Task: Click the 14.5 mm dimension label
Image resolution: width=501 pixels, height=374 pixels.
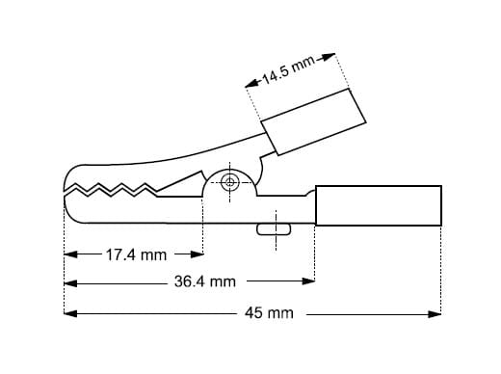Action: [x=288, y=70]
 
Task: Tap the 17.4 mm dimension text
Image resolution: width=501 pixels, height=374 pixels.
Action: [x=136, y=255]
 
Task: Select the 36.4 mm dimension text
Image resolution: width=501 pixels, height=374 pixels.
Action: [x=205, y=281]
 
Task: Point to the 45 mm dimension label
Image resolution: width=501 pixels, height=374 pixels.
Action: [x=269, y=313]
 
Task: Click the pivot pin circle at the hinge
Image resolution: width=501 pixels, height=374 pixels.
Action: [x=229, y=182]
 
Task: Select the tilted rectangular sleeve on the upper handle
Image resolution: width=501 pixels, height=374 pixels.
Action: [x=313, y=122]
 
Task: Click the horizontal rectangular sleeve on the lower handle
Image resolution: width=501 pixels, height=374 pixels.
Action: [x=379, y=205]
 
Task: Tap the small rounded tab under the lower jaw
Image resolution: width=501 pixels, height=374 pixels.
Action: [x=274, y=229]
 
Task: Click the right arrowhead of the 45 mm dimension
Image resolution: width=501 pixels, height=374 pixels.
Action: [x=435, y=314]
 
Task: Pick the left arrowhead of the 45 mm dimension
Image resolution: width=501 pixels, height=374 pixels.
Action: [x=70, y=313]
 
